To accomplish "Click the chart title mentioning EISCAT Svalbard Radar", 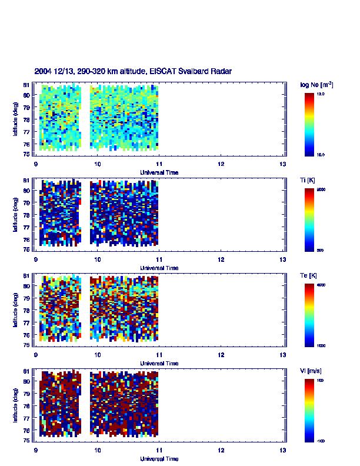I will (133, 71).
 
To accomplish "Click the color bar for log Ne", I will (310, 124).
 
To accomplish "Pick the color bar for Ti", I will (310, 219).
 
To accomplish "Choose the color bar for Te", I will (310, 314).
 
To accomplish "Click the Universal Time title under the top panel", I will (159, 172).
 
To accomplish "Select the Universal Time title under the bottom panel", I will (159, 459).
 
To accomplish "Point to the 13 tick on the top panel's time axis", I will (283, 164).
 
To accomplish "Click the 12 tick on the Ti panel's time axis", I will (221, 259).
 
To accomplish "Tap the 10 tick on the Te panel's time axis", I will (98, 355).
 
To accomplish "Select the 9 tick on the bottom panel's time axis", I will (36, 451).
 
